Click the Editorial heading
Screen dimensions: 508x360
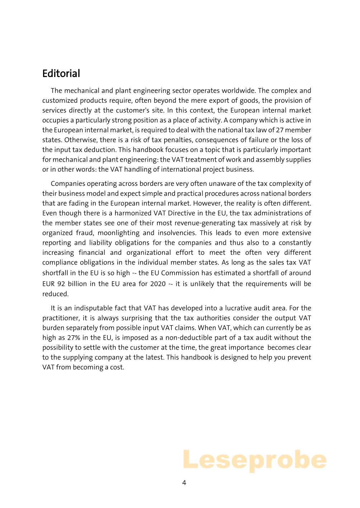coord(61,73)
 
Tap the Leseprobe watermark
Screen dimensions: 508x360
coord(255,460)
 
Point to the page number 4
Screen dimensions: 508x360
coord(184,483)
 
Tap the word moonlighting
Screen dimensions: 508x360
coord(118,233)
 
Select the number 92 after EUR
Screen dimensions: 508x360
coord(61,284)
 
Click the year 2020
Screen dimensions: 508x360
coord(158,284)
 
